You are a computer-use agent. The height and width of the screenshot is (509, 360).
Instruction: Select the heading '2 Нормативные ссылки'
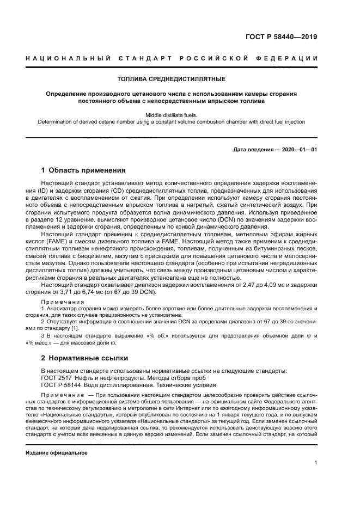[x=84, y=358]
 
